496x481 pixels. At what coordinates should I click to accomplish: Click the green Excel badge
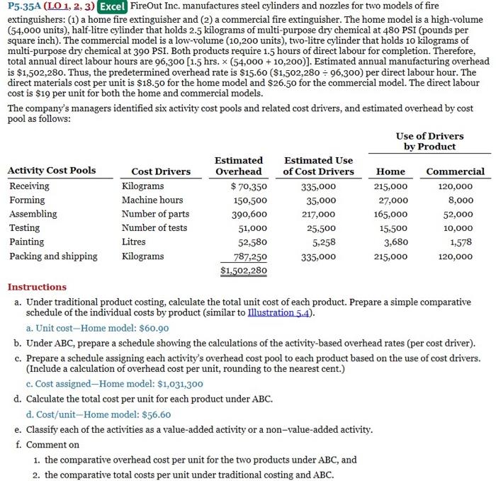112,7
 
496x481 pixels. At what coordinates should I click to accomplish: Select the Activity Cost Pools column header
51,171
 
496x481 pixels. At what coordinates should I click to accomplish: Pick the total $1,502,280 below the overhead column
243,270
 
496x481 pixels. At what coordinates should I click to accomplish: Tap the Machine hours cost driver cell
152,200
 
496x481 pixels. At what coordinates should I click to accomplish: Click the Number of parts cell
155,214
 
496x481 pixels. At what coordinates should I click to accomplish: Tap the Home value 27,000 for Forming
392,200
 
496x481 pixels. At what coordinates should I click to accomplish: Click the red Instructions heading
37,287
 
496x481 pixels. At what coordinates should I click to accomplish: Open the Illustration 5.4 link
281,313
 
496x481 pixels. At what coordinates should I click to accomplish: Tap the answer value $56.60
155,414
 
